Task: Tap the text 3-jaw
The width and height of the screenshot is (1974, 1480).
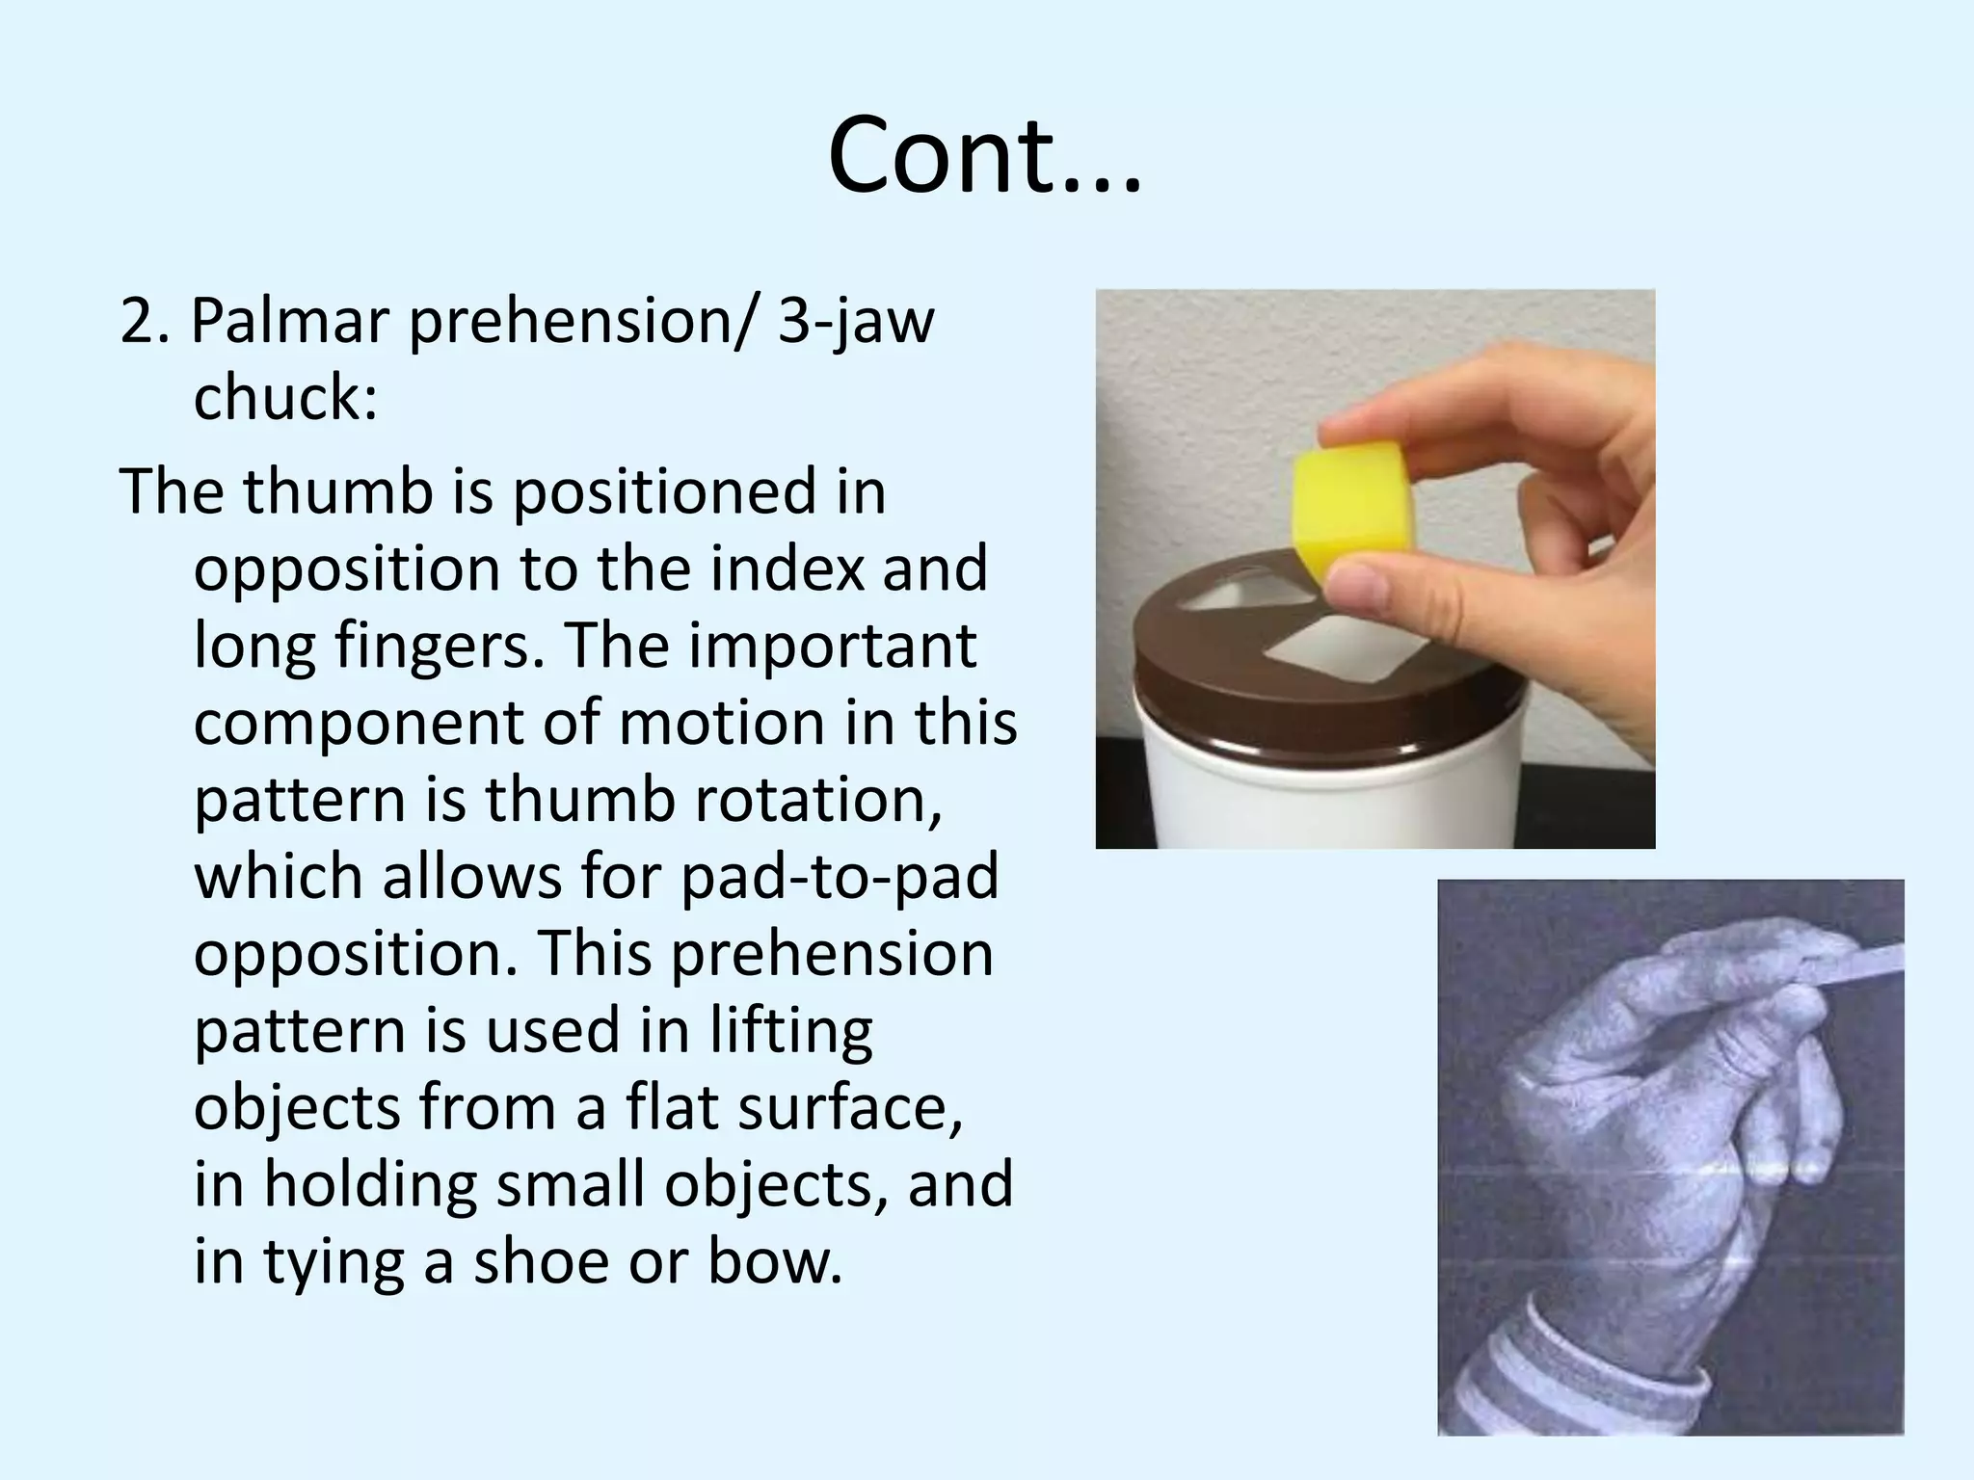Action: point(855,323)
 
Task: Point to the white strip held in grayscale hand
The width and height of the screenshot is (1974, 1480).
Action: point(1851,965)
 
